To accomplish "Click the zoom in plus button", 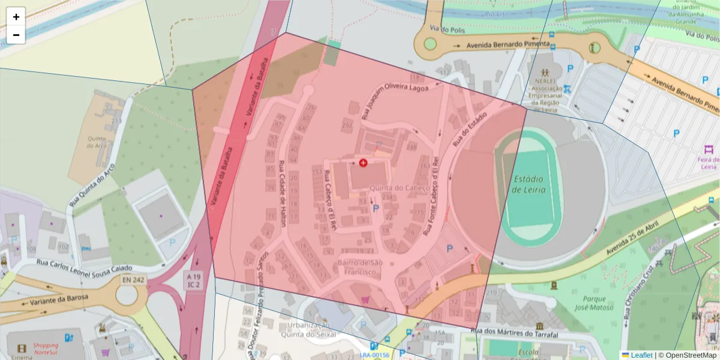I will pyautogui.click(x=16, y=17).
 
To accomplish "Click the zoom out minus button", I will pyautogui.click(x=16, y=35).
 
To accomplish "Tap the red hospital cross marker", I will pyautogui.click(x=363, y=163).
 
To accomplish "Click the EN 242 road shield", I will pyautogui.click(x=134, y=280).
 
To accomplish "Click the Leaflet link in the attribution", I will pyautogui.click(x=641, y=355).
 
